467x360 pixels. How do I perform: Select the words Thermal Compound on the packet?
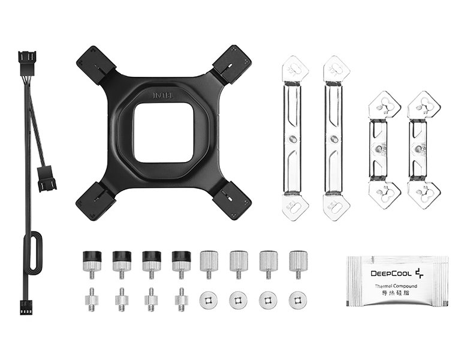[396, 286]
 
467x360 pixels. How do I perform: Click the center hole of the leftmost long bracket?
[292, 139]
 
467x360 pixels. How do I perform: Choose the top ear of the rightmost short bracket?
[423, 104]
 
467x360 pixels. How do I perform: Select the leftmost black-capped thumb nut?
[91, 261]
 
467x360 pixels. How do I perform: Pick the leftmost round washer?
[209, 300]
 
